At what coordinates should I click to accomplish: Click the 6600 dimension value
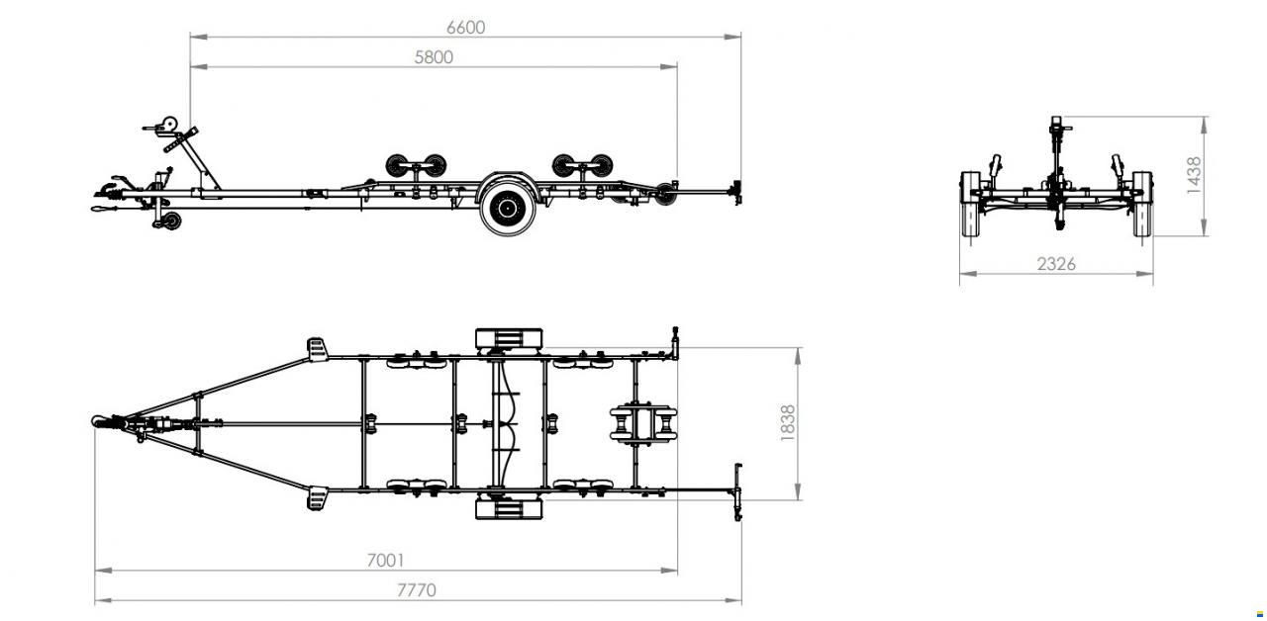[x=465, y=28]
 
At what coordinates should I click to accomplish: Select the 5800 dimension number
[x=434, y=57]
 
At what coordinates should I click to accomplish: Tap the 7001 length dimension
[x=386, y=561]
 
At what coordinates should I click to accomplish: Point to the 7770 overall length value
[x=417, y=590]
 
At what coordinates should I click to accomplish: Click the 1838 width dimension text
[x=787, y=422]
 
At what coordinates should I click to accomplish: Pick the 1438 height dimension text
[x=1194, y=176]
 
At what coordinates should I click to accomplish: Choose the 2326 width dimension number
[x=1056, y=264]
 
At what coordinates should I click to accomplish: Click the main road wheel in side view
[x=508, y=209]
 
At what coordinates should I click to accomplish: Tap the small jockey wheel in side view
[x=171, y=221]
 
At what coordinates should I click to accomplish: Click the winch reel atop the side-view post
[x=169, y=124]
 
